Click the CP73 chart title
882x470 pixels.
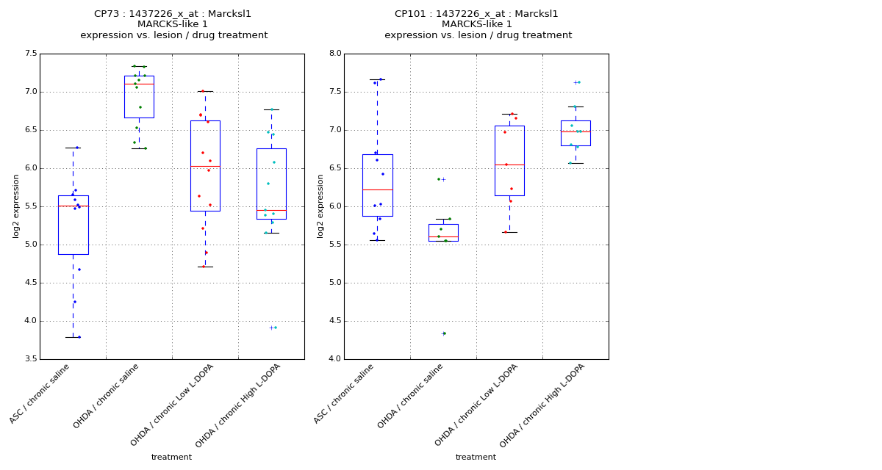pos(173,24)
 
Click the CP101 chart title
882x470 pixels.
pos(477,24)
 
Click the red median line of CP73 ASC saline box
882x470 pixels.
pos(73,206)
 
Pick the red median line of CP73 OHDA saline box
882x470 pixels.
pos(139,84)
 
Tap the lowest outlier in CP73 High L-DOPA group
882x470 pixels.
pos(273,328)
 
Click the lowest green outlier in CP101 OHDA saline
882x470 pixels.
pos(444,333)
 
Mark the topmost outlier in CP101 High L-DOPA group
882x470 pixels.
pos(577,82)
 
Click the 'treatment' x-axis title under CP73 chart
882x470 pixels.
pos(171,457)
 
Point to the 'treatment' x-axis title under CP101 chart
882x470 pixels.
pos(476,457)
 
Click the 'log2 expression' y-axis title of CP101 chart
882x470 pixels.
pos(320,206)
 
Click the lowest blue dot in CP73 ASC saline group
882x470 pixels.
pos(79,337)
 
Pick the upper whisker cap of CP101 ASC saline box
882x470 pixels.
pos(377,79)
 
